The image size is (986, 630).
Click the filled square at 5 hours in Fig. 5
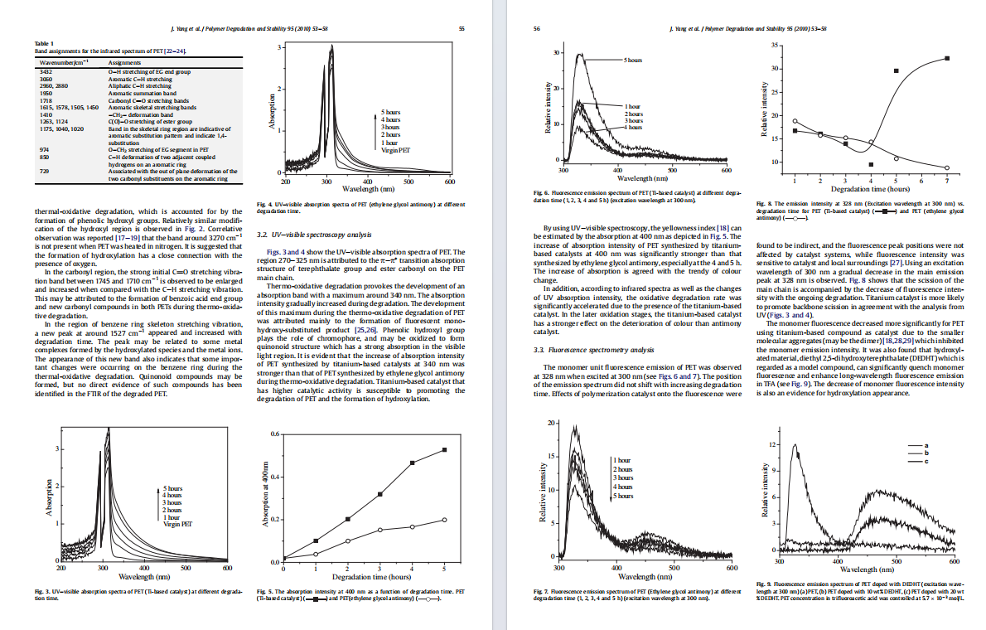pyautogui.click(x=444, y=450)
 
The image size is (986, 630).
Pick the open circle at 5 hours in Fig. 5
pyautogui.click(x=444, y=520)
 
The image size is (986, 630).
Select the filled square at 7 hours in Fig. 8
pyautogui.click(x=946, y=58)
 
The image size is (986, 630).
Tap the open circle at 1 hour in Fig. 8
pyautogui.click(x=795, y=121)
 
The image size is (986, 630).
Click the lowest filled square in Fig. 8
pyautogui.click(x=871, y=164)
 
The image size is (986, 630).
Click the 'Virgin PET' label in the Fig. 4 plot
pyautogui.click(x=395, y=151)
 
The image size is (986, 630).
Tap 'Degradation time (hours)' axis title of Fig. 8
pyautogui.click(x=870, y=189)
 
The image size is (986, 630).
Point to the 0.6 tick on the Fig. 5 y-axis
pyautogui.click(x=275, y=434)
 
